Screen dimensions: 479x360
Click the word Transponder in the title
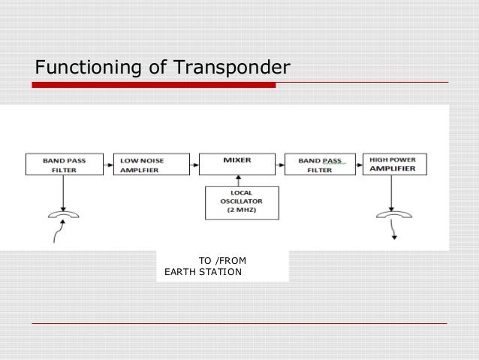coord(232,69)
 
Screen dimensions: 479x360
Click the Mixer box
coord(237,165)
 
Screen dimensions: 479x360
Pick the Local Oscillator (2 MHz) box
coord(241,203)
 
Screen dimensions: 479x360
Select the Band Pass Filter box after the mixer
coord(321,165)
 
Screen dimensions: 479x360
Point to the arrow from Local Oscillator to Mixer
coord(238,181)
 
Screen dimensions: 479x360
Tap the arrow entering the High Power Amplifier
coord(358,165)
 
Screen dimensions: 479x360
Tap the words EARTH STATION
coord(203,271)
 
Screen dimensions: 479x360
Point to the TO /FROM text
coord(222,261)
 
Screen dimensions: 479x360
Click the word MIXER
coord(237,159)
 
